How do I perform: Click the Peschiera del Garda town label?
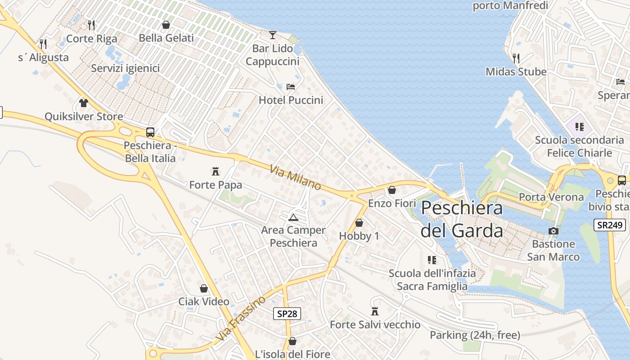462,219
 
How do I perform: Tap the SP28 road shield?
287,314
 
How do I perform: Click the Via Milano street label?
296,177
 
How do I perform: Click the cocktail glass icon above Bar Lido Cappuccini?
273,35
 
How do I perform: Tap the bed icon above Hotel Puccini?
291,87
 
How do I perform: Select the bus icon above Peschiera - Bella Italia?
150,132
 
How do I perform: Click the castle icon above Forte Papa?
216,171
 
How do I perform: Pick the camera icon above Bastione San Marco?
553,231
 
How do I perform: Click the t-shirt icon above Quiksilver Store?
84,103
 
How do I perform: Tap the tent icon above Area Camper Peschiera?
293,217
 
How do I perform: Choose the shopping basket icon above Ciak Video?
204,288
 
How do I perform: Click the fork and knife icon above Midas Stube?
516,58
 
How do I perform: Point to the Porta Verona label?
551,197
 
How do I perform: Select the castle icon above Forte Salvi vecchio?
375,311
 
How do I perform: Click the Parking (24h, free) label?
475,335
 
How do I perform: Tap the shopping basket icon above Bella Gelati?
166,25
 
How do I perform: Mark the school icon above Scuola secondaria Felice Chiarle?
579,127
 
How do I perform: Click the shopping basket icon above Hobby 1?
359,223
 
